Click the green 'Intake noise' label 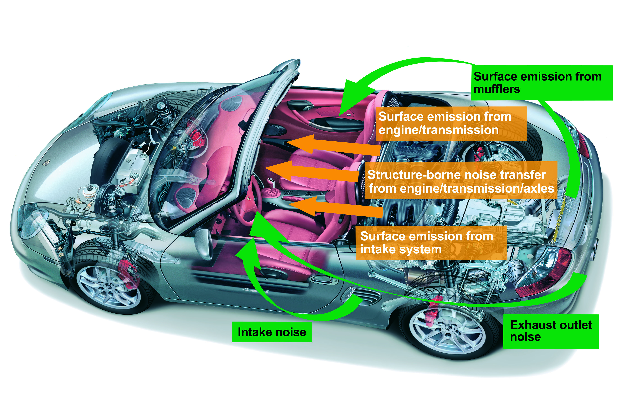pyautogui.click(x=272, y=332)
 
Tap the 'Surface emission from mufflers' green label pyautogui.click(x=542, y=83)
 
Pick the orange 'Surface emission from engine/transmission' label pyautogui.click(x=451, y=123)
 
